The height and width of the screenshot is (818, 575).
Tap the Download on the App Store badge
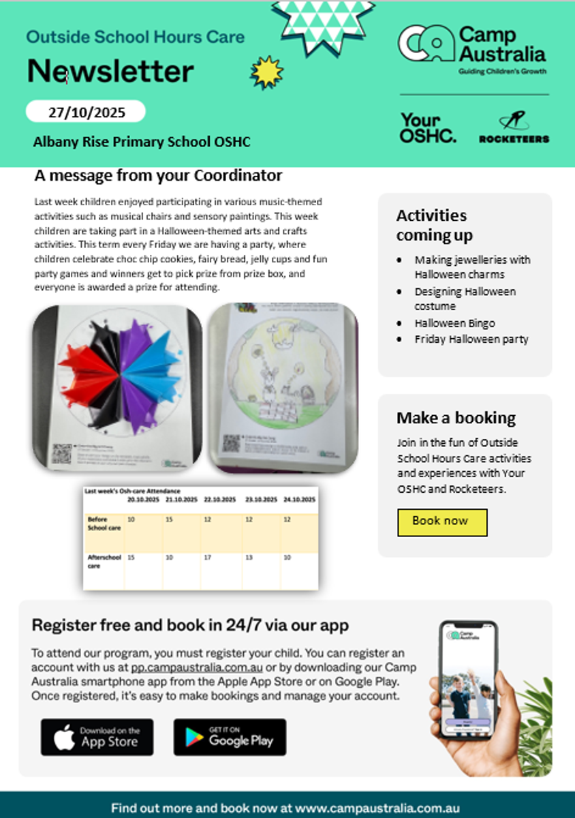[x=97, y=737]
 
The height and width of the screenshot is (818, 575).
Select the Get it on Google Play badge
[x=230, y=737]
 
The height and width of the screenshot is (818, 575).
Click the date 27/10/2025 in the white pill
[x=86, y=112]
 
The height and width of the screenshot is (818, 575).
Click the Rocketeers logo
[x=514, y=128]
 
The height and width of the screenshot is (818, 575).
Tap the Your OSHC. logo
[x=428, y=128]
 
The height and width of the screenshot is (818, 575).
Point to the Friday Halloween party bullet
[x=471, y=339]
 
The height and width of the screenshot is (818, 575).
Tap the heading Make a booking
[x=456, y=418]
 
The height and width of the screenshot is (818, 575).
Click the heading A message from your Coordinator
[x=158, y=176]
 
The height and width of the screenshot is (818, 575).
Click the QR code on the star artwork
[x=62, y=453]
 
